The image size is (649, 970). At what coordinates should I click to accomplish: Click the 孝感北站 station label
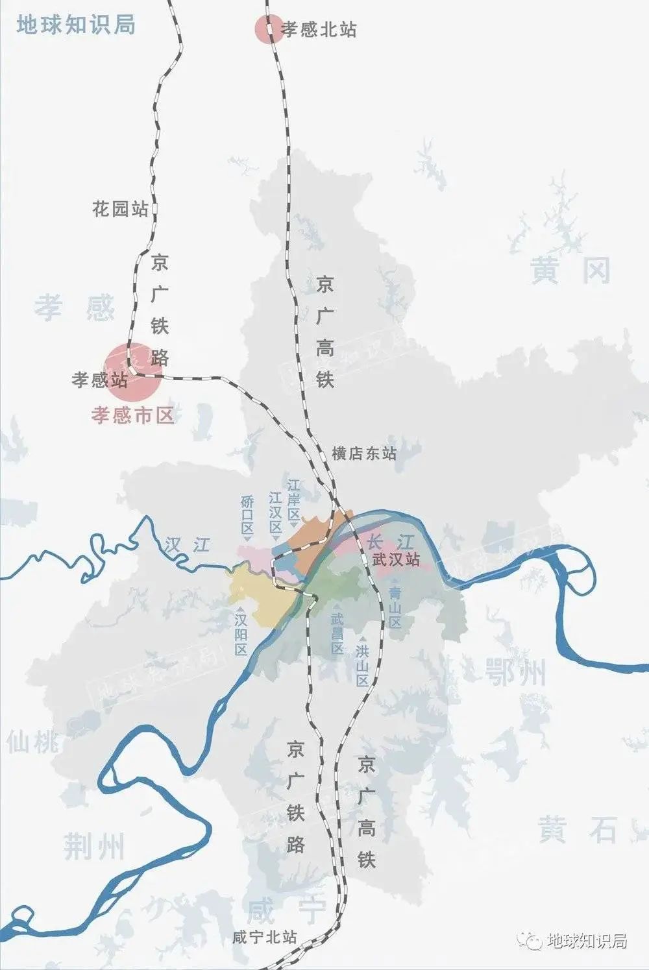319,29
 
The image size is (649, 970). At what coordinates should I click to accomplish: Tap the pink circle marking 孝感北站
268,29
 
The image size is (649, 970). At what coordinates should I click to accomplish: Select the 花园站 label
120,209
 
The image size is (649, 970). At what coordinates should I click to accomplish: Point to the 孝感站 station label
99,380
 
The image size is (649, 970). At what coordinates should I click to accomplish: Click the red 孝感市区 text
133,415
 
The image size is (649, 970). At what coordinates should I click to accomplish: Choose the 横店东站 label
363,454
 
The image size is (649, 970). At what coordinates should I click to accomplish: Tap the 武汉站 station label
396,559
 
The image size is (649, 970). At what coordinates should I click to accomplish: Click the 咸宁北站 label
265,937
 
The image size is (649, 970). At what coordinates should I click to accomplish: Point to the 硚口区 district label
247,515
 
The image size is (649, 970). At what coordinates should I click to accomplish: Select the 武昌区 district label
337,633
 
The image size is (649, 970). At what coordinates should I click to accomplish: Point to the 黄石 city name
577,830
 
